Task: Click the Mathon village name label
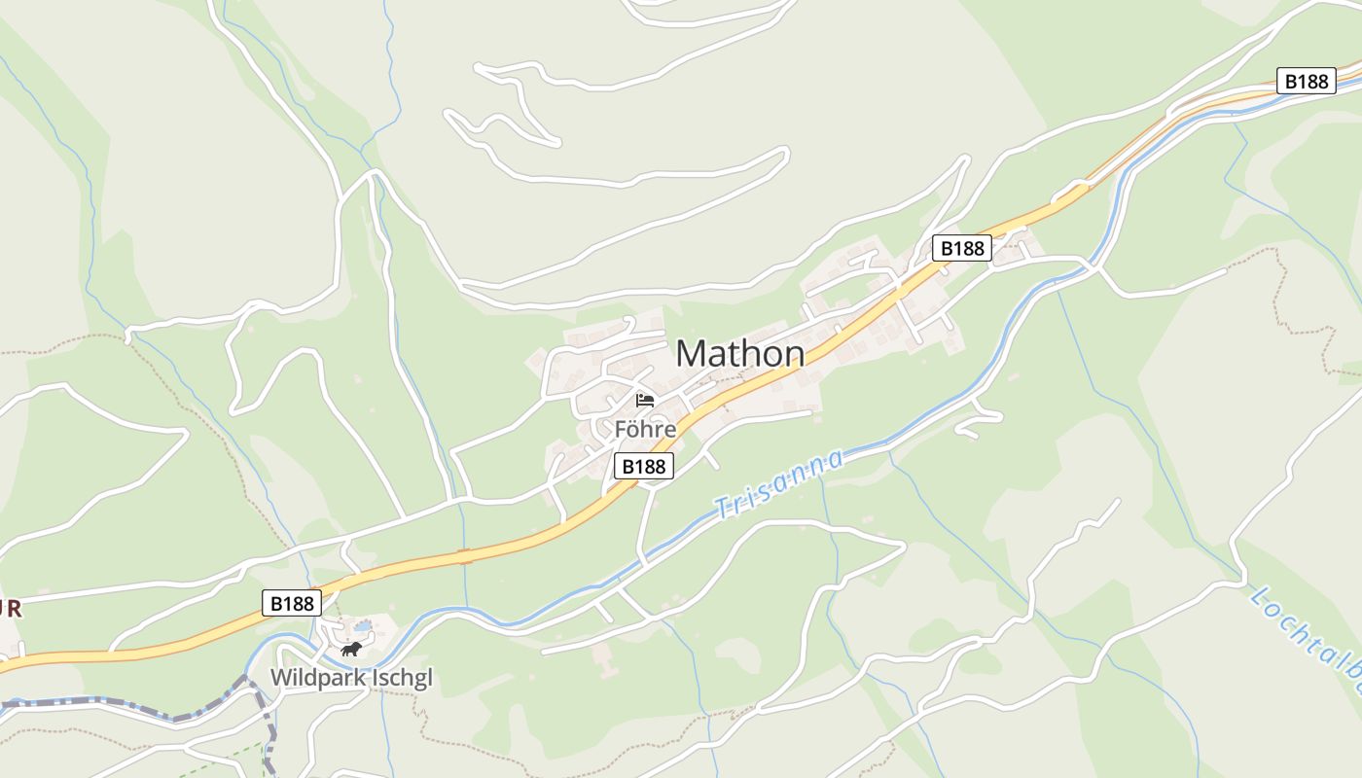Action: pos(739,353)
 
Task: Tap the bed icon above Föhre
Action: pos(644,400)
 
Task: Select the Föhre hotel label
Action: pos(644,428)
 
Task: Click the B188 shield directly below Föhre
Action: pos(644,467)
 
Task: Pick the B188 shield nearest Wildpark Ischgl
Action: pos(292,603)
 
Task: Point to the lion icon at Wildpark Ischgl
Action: pos(351,649)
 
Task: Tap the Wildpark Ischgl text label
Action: pos(351,677)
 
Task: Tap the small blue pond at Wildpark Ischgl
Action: pos(362,625)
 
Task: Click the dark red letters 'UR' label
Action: pos(10,610)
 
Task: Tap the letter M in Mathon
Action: pos(691,353)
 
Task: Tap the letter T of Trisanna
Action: pos(722,508)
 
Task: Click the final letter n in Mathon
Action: pos(794,355)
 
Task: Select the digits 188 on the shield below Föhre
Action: pos(651,467)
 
